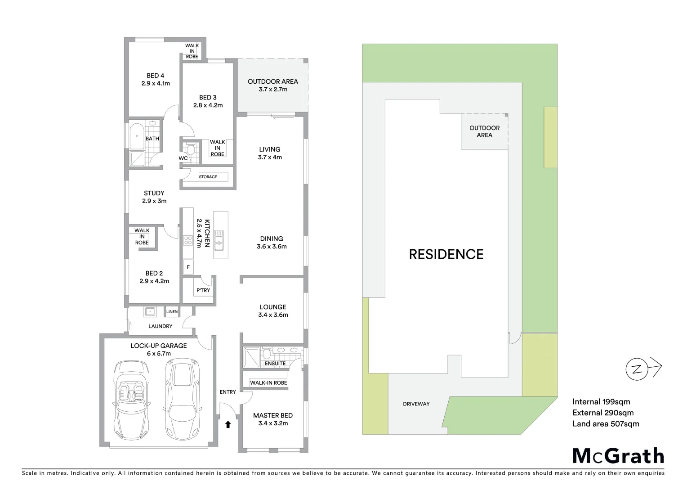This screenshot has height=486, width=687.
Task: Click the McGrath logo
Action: point(618,455)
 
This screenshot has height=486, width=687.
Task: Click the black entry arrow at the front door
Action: point(228,424)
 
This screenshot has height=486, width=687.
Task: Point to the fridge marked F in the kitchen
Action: point(188,267)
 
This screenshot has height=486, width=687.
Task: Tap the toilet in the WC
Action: point(190,149)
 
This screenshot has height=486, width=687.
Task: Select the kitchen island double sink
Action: point(219,240)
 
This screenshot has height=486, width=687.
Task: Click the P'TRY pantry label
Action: point(203,290)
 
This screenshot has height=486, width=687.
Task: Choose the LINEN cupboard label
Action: point(172,311)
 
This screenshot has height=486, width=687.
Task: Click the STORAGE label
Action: point(208,177)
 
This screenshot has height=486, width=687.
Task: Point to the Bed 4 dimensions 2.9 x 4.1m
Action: point(156,83)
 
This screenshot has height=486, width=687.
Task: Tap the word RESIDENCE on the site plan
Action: point(446,254)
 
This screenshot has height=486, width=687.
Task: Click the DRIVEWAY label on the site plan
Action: point(416,404)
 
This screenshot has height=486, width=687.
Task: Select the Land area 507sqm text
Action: point(605,423)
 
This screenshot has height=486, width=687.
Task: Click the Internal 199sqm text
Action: point(601,402)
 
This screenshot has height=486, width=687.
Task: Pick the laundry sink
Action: point(150,311)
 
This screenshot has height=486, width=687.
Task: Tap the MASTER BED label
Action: point(273,415)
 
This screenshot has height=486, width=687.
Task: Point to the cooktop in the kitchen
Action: point(187,241)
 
